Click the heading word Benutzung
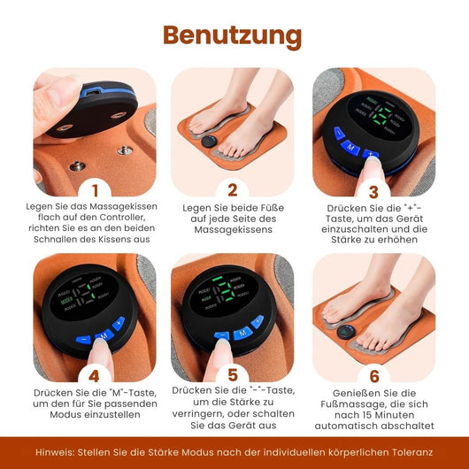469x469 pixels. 233,36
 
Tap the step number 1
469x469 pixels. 95,190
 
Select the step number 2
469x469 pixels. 233,189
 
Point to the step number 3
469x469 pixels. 373,192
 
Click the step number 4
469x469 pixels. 94,376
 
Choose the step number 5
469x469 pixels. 233,375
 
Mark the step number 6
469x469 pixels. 374,376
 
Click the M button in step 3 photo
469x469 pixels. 350,148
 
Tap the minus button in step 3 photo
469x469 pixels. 339,133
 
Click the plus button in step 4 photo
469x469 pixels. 119,323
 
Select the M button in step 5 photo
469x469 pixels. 242,333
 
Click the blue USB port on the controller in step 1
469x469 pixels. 91,92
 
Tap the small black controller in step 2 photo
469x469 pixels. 210,141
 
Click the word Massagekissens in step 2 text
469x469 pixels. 233,230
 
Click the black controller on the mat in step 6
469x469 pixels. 346,332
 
